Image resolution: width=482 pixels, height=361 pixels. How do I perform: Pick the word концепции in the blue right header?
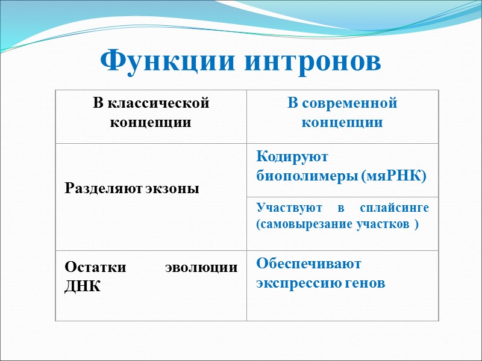pos(342,123)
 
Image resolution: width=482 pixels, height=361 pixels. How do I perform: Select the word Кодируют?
pos(292,157)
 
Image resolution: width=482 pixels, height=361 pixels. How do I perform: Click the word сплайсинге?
pos(395,208)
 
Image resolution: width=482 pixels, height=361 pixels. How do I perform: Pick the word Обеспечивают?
pos(308,264)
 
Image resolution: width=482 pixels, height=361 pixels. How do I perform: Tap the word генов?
pos(364,283)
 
